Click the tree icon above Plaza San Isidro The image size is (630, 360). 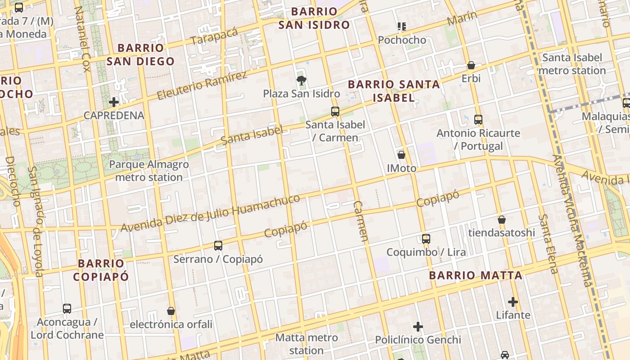tap(301, 81)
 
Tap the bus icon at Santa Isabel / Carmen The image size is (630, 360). tap(335, 112)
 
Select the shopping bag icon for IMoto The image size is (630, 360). tap(401, 155)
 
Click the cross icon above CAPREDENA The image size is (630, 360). tap(114, 102)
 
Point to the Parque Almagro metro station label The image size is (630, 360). tap(149, 171)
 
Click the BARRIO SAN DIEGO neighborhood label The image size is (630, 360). tap(140, 54)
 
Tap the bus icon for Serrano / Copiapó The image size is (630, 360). tap(218, 246)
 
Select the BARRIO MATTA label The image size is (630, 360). tap(476, 275)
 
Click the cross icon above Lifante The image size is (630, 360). tap(513, 301)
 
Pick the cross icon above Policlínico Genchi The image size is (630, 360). tap(418, 327)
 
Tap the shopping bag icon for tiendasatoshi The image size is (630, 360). tap(502, 220)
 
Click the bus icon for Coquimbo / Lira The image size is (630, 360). tap(426, 239)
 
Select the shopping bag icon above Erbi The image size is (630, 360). tap(471, 65)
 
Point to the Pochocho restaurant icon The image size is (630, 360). tap(402, 27)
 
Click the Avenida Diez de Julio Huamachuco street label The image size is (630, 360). tap(210, 214)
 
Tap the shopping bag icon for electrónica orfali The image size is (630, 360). tap(171, 311)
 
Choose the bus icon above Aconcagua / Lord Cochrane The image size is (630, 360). tap(67, 309)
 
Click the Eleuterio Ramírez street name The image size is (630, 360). tap(202, 85)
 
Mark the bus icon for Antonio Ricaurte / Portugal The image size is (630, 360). tap(478, 120)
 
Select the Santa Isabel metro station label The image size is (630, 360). tap(572, 64)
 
